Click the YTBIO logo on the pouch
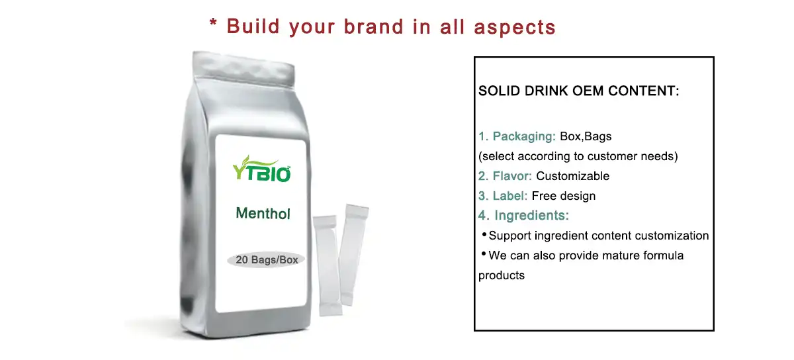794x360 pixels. [x=262, y=169]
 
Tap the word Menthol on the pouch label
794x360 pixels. [x=263, y=214]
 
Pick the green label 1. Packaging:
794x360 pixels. [x=517, y=137]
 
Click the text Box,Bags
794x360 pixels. [x=586, y=137]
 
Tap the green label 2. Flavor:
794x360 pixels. [x=506, y=176]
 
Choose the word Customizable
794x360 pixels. [x=572, y=176]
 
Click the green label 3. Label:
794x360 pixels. [x=503, y=196]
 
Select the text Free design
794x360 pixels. [x=563, y=196]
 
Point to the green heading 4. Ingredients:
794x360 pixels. [x=523, y=216]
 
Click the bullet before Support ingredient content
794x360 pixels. [x=484, y=235]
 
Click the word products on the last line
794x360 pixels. [x=501, y=275]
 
